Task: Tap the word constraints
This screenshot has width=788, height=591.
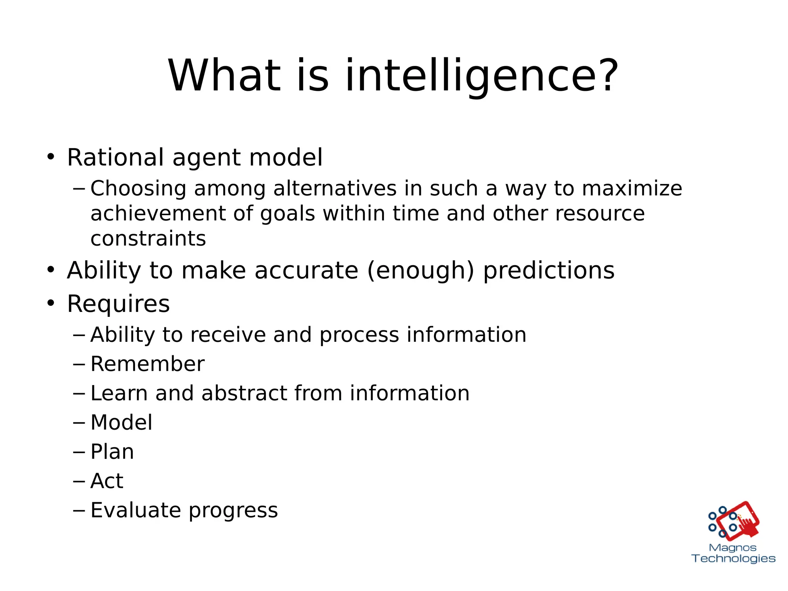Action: pyautogui.click(x=148, y=238)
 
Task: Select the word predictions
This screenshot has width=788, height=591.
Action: pyautogui.click(x=549, y=271)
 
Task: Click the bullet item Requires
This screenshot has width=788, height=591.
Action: pyautogui.click(x=118, y=303)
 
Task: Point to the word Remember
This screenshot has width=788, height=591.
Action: pyautogui.click(x=147, y=364)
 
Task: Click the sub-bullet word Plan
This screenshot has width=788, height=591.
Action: pyautogui.click(x=112, y=452)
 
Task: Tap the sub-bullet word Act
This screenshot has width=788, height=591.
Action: pyautogui.click(x=107, y=481)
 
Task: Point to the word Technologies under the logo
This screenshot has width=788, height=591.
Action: pyautogui.click(x=733, y=559)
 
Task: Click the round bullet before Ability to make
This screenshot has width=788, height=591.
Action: pyautogui.click(x=51, y=270)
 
